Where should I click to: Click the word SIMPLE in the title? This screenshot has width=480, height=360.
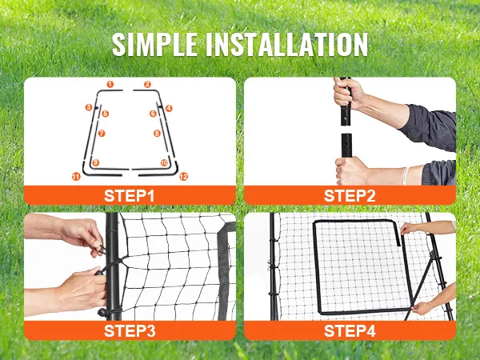point(154,44)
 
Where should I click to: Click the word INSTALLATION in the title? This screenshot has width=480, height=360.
point(286,44)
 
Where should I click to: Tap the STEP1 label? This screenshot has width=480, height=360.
point(129,196)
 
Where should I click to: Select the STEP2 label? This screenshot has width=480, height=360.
point(350,196)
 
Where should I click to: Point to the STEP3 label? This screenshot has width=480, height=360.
point(130,331)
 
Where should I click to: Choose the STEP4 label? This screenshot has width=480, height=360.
point(350,331)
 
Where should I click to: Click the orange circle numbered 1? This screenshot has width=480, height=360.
point(110,85)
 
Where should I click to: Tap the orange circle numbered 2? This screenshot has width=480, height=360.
point(147,84)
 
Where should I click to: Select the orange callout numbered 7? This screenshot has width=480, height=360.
point(102,133)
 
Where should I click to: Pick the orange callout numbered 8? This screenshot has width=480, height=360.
point(157,133)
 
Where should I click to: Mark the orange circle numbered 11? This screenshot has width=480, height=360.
point(76,177)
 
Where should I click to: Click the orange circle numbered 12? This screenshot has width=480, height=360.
point(183,177)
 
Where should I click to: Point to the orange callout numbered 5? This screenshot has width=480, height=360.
point(106,114)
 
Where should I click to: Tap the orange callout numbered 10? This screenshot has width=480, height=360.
point(164,162)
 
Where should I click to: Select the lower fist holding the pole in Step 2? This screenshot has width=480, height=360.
point(351,170)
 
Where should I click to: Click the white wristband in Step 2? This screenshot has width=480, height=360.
point(406,176)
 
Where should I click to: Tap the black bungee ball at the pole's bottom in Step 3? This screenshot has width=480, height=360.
point(102,313)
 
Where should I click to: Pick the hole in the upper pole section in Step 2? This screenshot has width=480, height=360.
point(345,118)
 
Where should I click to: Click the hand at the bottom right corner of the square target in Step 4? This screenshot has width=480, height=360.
point(422,308)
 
